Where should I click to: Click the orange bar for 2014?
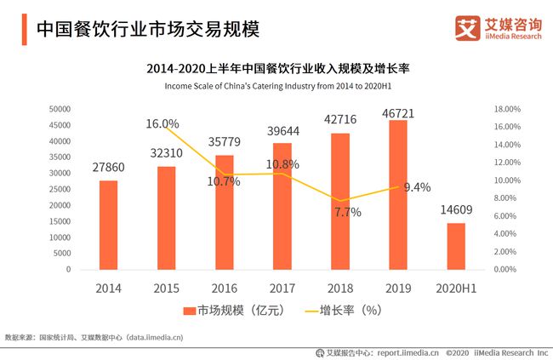(x=108, y=225)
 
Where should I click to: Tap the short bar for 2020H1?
(x=456, y=246)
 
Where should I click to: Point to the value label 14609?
(x=456, y=209)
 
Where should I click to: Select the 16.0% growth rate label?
(x=162, y=124)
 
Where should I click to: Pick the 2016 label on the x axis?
(x=224, y=289)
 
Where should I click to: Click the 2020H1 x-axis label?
(x=456, y=289)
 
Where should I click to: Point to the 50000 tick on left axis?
(x=59, y=109)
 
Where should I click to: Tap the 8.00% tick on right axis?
(x=506, y=198)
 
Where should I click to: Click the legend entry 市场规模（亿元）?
(x=228, y=311)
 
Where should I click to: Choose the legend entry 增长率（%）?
(x=340, y=311)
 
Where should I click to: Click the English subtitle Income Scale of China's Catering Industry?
(x=276, y=87)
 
